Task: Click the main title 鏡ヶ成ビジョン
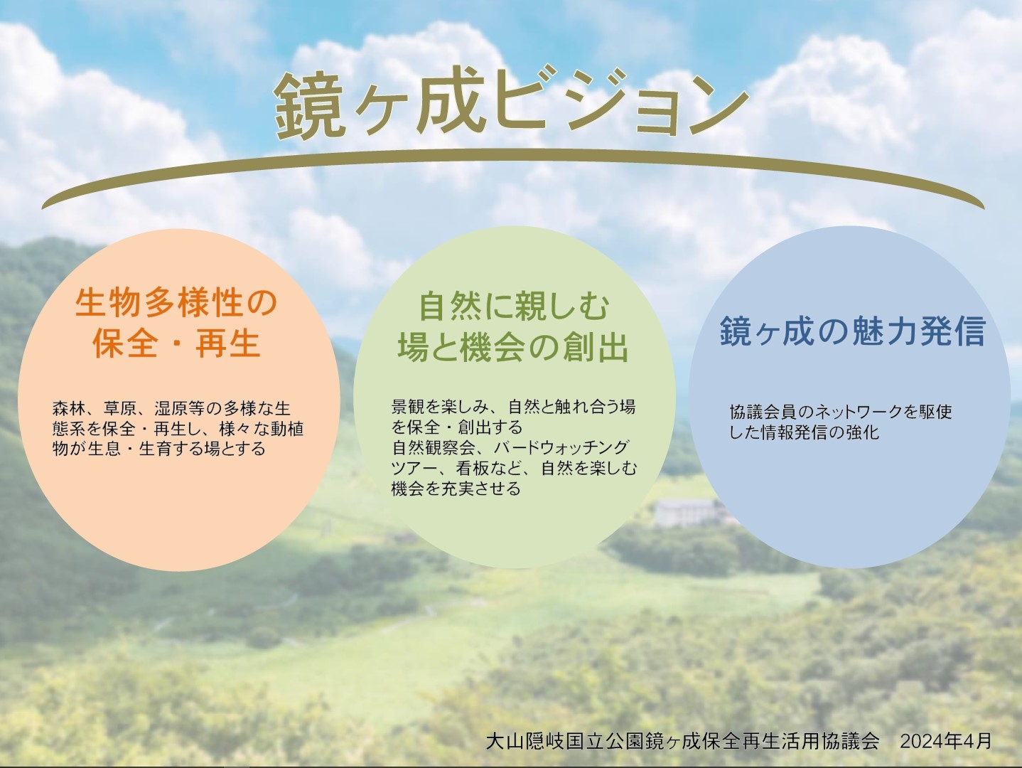click(x=511, y=103)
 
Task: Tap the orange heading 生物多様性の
click(x=176, y=303)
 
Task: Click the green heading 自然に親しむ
click(x=514, y=307)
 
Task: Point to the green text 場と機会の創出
click(x=513, y=348)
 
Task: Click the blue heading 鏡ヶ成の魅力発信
click(x=853, y=331)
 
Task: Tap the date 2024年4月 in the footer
click(x=946, y=742)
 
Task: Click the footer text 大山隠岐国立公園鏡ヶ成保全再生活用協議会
click(x=682, y=742)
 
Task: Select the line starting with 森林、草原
click(x=171, y=408)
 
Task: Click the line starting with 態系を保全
click(x=178, y=429)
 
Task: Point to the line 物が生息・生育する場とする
click(x=158, y=449)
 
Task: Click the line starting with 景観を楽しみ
click(x=513, y=407)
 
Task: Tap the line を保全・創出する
click(x=457, y=427)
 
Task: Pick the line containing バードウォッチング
click(x=511, y=447)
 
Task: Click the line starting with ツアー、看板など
click(x=514, y=468)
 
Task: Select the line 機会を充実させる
click(x=456, y=489)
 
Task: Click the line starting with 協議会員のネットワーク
click(x=841, y=412)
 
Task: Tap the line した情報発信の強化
click(x=804, y=432)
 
